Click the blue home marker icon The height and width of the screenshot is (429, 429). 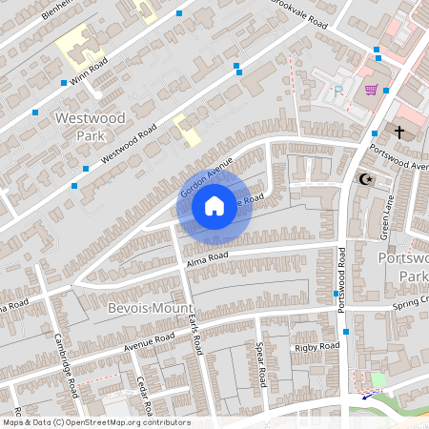pos(214,204)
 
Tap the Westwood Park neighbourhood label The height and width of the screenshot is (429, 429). pos(91,126)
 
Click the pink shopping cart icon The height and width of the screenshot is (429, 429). pos(371,91)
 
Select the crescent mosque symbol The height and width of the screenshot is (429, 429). pos(362,178)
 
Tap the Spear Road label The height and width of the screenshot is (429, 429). pos(258,364)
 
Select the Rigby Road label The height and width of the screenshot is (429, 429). pos(317,346)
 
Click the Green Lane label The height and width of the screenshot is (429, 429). pos(387,224)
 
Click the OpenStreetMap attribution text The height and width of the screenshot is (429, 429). pos(95,421)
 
